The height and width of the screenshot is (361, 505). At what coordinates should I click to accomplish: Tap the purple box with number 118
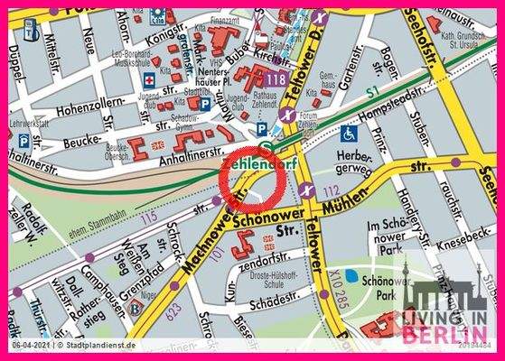[276, 80]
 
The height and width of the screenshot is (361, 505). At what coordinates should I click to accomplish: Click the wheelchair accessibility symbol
[348, 133]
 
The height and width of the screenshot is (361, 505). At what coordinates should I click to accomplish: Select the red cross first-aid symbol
[149, 79]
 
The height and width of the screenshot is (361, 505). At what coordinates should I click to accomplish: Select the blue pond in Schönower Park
[365, 279]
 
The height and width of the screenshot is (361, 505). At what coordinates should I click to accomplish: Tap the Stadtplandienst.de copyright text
[95, 345]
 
